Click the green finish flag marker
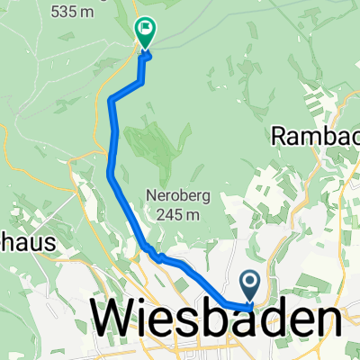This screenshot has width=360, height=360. pyautogui.click(x=143, y=31)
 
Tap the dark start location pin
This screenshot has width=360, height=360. pyautogui.click(x=251, y=286)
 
